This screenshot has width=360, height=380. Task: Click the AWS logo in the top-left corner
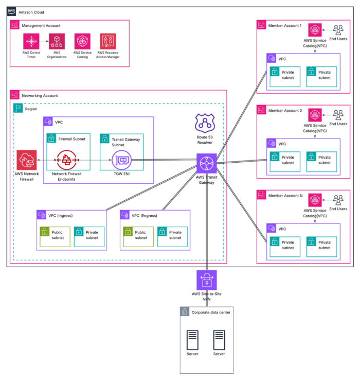11,11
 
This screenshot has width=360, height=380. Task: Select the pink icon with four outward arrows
31,42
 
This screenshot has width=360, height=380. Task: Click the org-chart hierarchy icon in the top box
57,42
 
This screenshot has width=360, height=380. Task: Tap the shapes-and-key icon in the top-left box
108,42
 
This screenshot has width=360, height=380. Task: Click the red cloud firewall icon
27,160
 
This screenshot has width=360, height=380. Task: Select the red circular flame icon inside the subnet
67,160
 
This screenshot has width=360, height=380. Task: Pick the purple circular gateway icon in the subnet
122,160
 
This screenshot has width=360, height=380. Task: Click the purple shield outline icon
205,123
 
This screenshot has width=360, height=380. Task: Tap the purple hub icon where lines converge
207,163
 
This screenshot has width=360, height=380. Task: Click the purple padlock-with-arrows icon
207,280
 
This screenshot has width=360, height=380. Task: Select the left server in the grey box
193,340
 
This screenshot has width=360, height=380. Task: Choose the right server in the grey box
219,340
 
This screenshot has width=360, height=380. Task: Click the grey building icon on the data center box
185,312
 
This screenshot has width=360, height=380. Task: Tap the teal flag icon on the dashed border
19,108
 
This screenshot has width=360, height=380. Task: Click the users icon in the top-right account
338,30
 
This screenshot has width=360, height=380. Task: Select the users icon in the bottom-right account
338,200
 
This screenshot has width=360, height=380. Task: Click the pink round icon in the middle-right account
315,115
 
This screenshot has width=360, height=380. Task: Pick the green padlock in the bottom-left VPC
45,232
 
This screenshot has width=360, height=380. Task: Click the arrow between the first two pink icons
44,42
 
